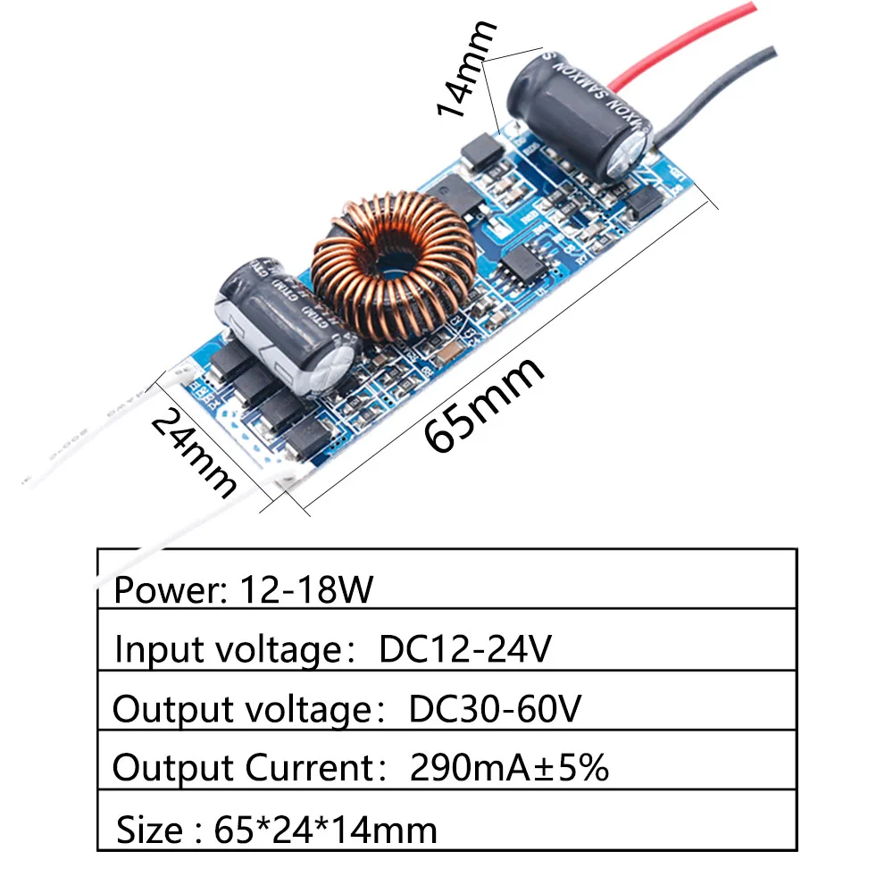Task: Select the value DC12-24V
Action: point(465,649)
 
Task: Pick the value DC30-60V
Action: point(496,709)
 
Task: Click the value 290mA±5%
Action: point(509,768)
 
